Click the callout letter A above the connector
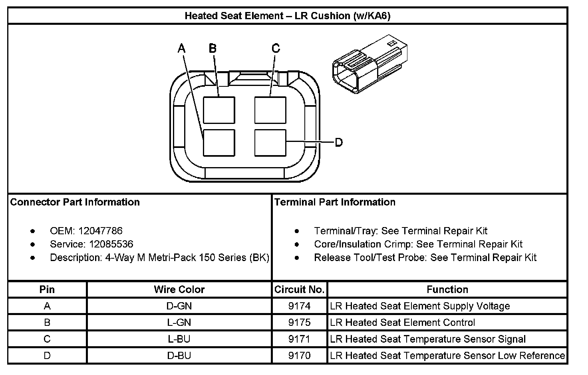point(181,48)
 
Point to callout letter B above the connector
point(213,48)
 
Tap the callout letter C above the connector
point(276,48)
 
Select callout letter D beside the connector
point(339,142)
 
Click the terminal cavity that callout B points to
point(219,110)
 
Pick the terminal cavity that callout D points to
point(270,143)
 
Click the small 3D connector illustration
point(370,64)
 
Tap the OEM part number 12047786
point(100,231)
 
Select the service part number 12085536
point(111,244)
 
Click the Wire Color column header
point(179,289)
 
